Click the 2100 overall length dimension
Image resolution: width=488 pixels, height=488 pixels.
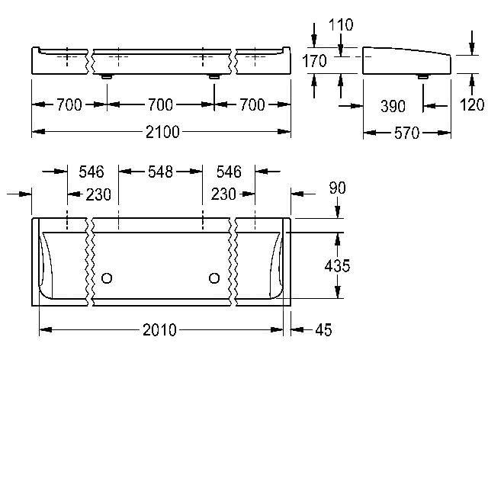[162, 132]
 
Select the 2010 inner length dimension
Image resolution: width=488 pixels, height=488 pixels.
[159, 330]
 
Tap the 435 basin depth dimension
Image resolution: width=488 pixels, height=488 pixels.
[337, 266]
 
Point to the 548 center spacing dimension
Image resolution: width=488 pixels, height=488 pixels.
[160, 172]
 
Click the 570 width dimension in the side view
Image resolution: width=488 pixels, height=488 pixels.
[406, 133]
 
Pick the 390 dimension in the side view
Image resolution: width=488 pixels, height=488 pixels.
[393, 107]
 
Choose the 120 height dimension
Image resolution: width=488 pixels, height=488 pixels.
[472, 105]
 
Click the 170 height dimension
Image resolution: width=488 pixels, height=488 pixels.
[314, 61]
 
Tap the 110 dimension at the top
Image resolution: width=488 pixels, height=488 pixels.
[341, 25]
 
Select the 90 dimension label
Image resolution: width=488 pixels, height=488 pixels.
[337, 188]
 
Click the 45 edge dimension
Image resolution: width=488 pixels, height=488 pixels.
[323, 330]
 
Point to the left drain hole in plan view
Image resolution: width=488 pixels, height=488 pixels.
[107, 278]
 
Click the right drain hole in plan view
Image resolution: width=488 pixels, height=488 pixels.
[214, 278]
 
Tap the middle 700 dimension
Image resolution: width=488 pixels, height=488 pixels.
[160, 105]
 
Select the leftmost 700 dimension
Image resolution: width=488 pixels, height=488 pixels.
[69, 105]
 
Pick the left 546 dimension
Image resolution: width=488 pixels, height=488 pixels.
[91, 172]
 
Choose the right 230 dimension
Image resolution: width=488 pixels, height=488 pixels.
[223, 194]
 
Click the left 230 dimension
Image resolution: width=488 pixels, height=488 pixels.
[98, 195]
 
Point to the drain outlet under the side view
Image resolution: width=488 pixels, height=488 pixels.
[422, 76]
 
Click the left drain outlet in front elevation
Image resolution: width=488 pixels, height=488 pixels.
[107, 76]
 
